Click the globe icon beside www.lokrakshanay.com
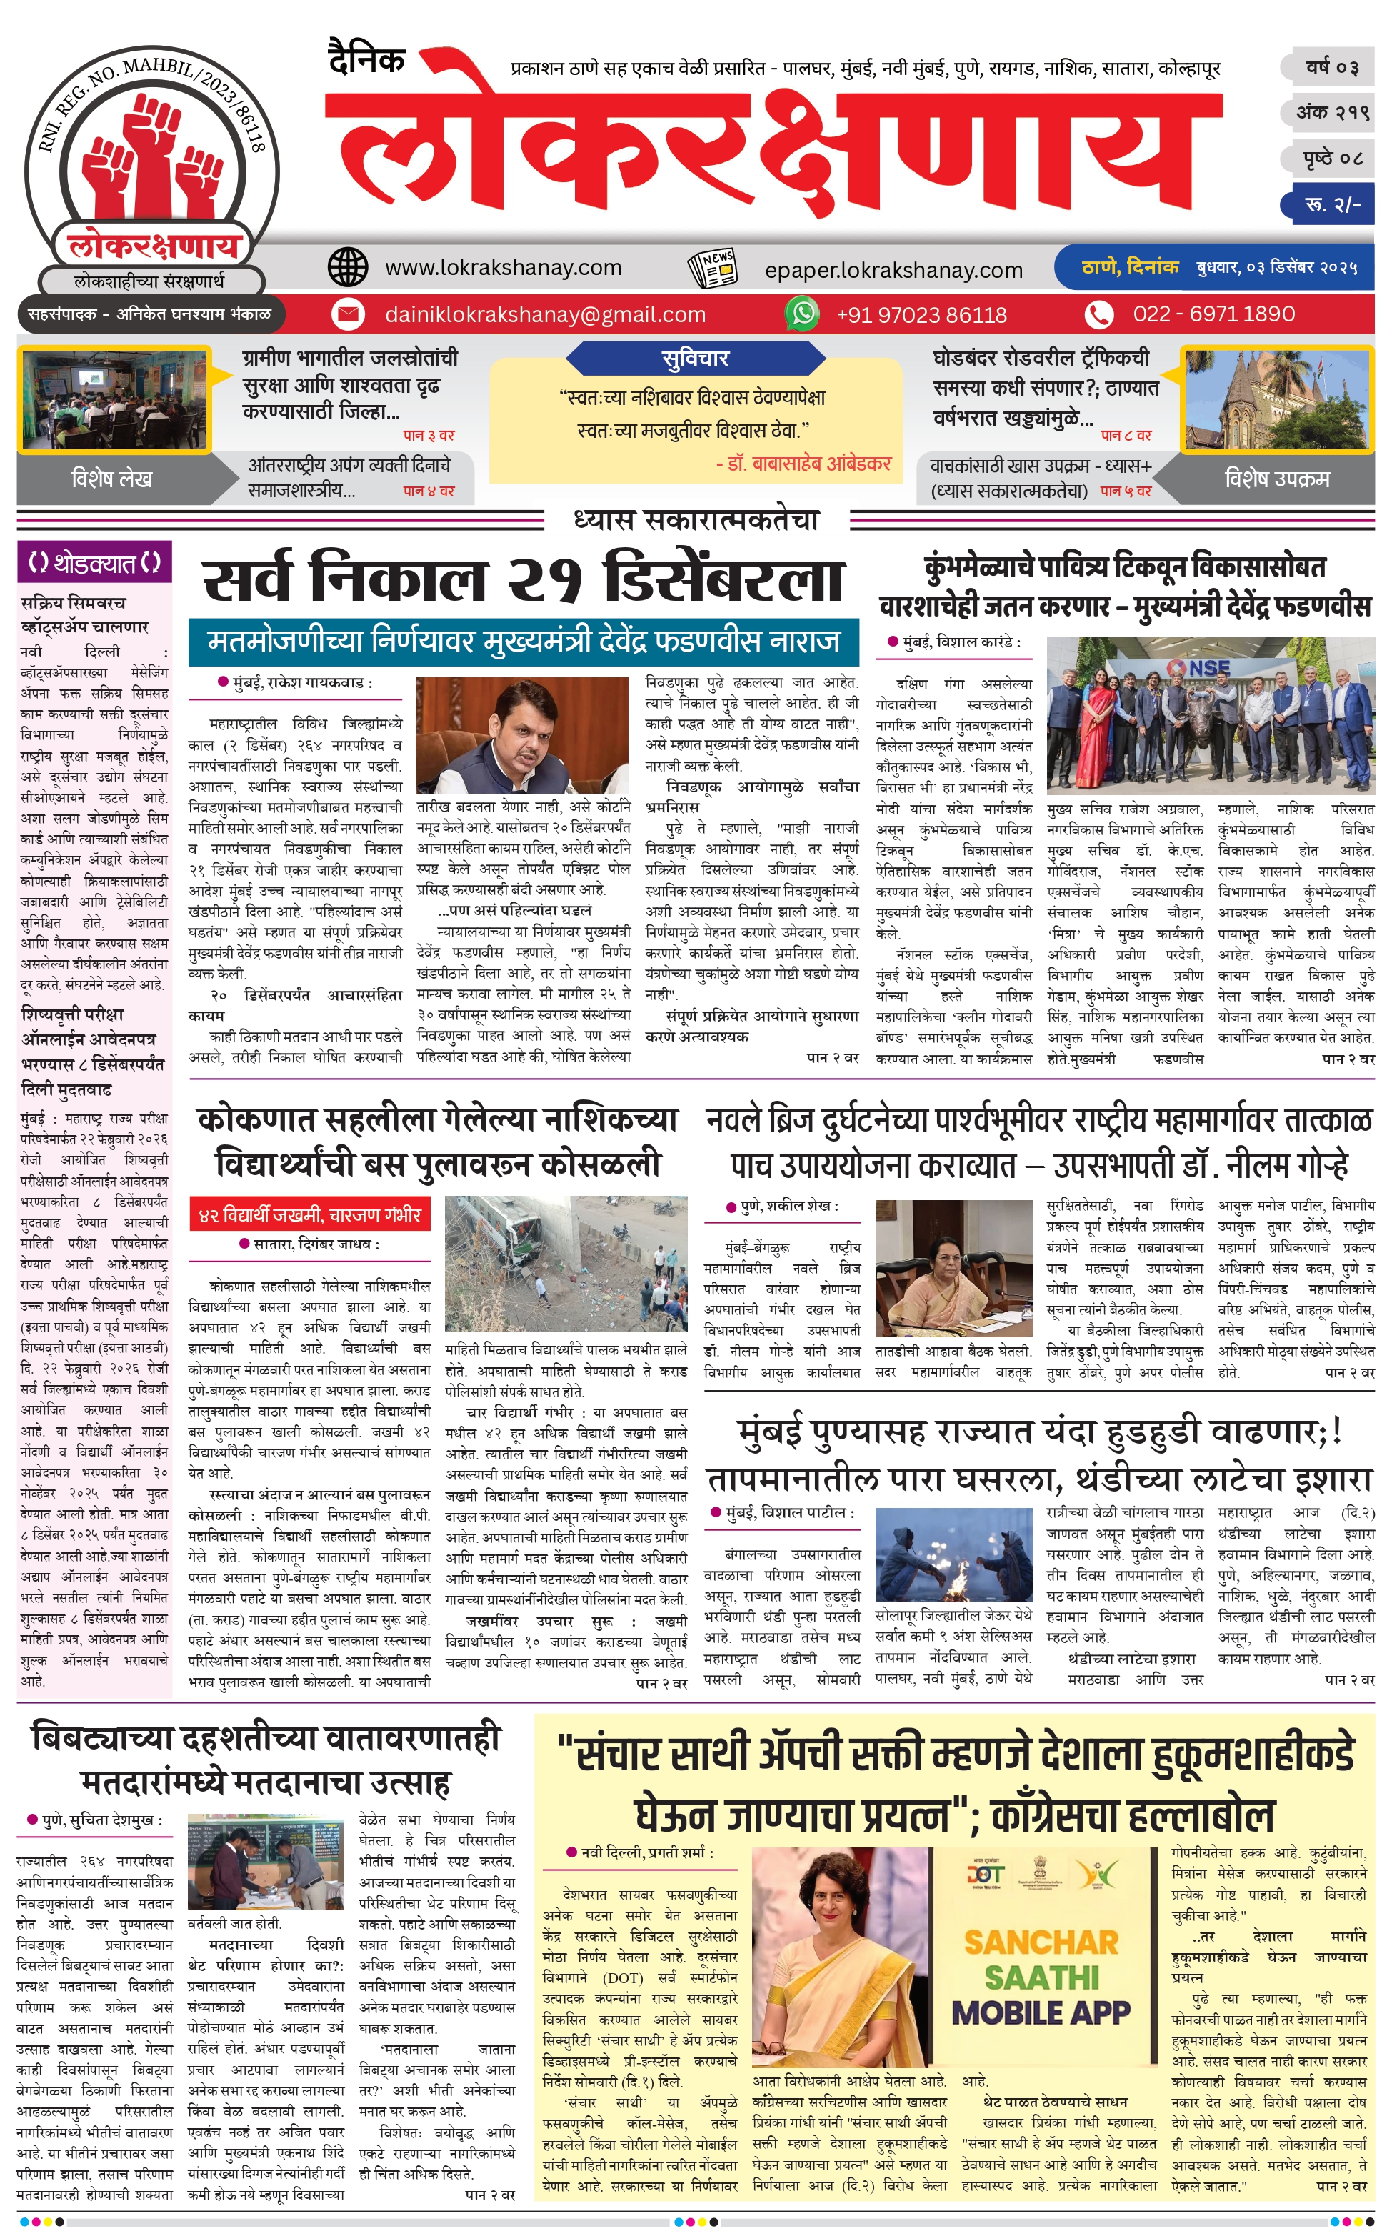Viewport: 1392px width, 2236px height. pyautogui.click(x=348, y=267)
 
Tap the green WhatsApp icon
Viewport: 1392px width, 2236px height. pyautogui.click(x=803, y=314)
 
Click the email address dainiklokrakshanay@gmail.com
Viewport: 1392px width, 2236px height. pyautogui.click(x=545, y=315)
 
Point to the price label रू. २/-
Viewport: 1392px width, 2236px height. pyautogui.click(x=1332, y=204)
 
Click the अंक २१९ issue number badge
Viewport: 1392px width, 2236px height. pyautogui.click(x=1332, y=112)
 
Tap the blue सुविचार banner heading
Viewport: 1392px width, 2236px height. pyautogui.click(x=695, y=358)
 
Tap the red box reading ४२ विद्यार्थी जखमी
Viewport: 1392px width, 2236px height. pyautogui.click(x=309, y=1214)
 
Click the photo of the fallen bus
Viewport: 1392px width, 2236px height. pyautogui.click(x=565, y=1263)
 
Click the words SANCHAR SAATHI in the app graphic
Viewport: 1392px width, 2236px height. pyautogui.click(x=1041, y=1958)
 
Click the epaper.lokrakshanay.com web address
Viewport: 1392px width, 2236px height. pyautogui.click(x=893, y=270)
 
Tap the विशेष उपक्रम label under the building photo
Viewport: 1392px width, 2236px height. pyautogui.click(x=1276, y=479)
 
